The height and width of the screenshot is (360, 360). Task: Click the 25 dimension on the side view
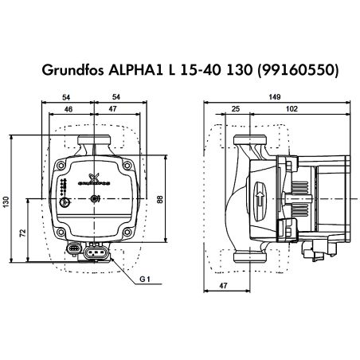pyautogui.click(x=236, y=108)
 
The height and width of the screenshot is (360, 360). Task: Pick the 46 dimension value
pyautogui.click(x=70, y=108)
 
